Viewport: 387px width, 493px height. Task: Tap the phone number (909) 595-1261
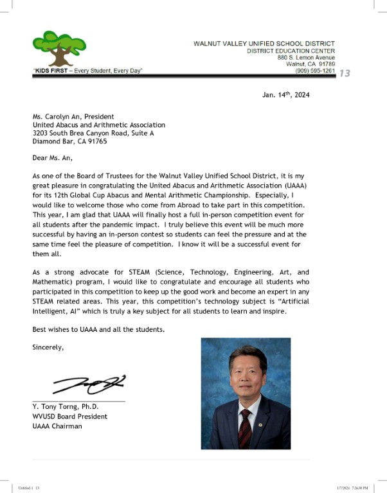[x=314, y=71]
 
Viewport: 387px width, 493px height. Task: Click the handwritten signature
[x=90, y=384]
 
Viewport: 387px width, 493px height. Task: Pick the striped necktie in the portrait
[x=245, y=427]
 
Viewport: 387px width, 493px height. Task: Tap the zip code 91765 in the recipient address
[x=96, y=141]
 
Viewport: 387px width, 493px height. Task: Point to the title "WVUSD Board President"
[x=69, y=416]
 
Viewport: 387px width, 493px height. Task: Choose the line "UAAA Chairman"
[x=57, y=426]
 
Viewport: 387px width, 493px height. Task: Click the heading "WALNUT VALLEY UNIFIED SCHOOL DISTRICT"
[x=264, y=44]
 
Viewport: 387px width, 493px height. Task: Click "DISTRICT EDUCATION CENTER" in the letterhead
[x=291, y=51]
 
